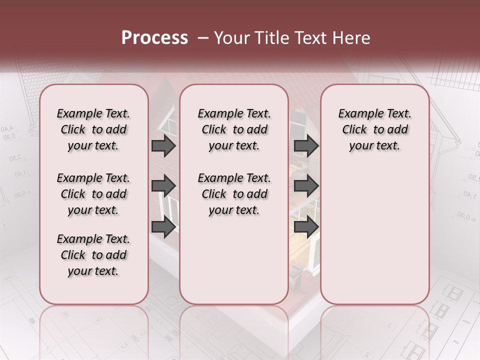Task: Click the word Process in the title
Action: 154,38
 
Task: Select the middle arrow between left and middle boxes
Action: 163,186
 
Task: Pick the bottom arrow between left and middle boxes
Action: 163,227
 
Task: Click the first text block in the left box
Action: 93,129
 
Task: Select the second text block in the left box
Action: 93,194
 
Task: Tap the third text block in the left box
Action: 93,255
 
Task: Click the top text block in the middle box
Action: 234,129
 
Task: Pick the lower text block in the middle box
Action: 234,194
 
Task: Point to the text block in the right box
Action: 375,129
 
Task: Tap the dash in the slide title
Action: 203,38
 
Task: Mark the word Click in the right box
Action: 354,130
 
